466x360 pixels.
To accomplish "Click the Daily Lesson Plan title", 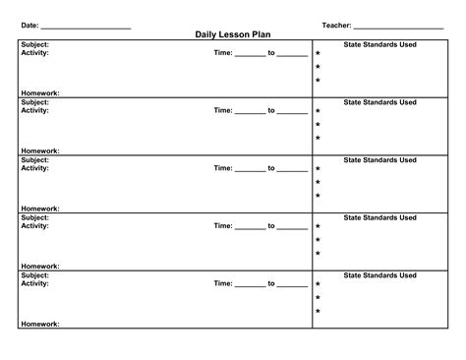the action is tap(233, 34).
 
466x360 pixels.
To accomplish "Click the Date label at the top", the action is tap(30, 24).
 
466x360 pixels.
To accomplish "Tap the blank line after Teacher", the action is tap(398, 25).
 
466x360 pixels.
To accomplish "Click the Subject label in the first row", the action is tap(35, 45).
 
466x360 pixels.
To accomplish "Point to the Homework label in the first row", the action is tap(40, 93).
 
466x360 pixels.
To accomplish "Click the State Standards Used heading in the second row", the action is tap(380, 102).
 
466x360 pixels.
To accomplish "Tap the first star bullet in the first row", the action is tap(318, 54).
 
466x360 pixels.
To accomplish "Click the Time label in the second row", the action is tap(223, 111).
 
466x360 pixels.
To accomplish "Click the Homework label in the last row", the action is tap(40, 324).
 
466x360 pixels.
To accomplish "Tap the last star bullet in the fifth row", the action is tap(318, 312).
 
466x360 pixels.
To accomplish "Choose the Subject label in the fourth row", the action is tap(35, 217).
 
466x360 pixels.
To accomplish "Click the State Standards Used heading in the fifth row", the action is tap(380, 275).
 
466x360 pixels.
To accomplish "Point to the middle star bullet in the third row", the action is tap(318, 182).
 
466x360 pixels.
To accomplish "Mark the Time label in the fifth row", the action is tap(223, 284).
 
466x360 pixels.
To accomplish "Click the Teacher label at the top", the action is tap(336, 24).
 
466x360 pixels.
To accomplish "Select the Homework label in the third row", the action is tap(40, 209).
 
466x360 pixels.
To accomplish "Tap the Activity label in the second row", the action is tap(35, 111).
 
